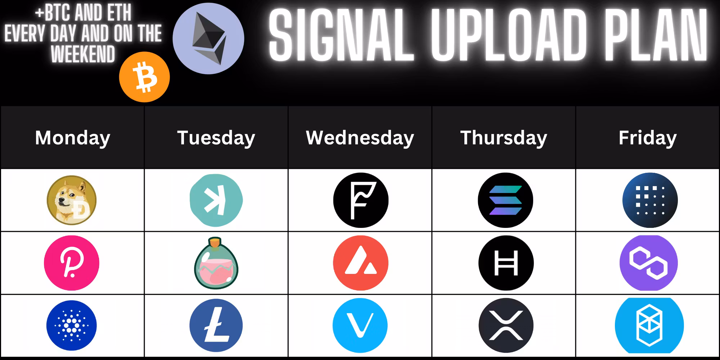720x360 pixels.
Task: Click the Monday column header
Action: [x=72, y=138]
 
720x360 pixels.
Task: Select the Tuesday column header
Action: [x=216, y=138]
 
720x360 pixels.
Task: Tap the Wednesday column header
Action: [x=360, y=138]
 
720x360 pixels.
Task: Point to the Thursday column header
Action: [x=504, y=138]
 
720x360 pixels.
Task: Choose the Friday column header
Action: [x=648, y=138]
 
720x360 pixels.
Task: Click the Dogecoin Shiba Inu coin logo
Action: [x=72, y=200]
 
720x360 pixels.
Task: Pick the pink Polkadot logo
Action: [x=72, y=263]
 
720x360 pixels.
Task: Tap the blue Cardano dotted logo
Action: [x=72, y=325]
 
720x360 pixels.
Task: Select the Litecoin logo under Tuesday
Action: [x=216, y=325]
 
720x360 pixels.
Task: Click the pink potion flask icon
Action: [x=216, y=263]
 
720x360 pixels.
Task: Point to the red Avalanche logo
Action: [x=361, y=263]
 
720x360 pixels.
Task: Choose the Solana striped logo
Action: [x=505, y=200]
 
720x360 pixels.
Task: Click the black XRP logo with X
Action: [x=506, y=325]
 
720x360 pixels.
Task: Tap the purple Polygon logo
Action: [x=649, y=263]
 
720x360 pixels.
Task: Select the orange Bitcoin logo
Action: [x=144, y=77]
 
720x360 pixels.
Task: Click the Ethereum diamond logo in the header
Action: [x=208, y=39]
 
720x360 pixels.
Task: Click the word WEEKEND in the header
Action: [x=83, y=54]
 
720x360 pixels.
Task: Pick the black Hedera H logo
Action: [x=506, y=263]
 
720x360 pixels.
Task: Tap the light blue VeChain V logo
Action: [x=360, y=325]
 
